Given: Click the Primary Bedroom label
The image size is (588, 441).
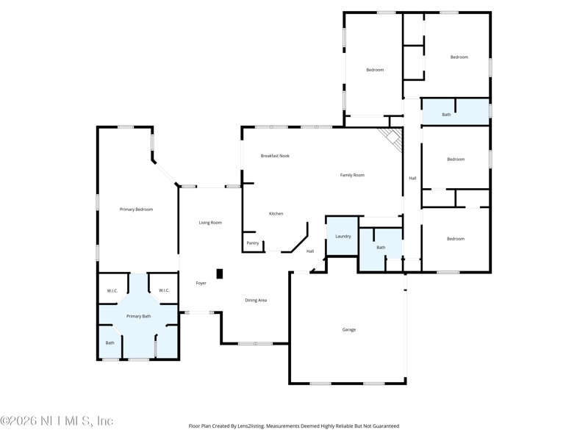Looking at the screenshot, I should (x=136, y=209).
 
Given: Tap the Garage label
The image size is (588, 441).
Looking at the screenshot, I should (x=349, y=329).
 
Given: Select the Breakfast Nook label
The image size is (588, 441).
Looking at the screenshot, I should (x=275, y=156).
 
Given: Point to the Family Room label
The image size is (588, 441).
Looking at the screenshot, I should (x=352, y=175).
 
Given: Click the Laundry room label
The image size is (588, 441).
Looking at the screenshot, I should (x=343, y=236).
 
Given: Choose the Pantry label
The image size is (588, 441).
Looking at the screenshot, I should (x=252, y=243).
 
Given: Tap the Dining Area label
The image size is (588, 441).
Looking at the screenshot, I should (x=256, y=300).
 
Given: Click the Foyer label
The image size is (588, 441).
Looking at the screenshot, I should (x=201, y=283).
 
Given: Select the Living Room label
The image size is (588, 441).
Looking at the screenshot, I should (x=210, y=222).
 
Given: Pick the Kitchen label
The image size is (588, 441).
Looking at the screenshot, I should (x=276, y=213).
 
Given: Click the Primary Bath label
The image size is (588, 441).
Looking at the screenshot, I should (x=138, y=316).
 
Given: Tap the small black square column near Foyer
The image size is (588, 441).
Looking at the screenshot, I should (x=220, y=273).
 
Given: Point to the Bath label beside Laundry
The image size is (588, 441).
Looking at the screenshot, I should (x=381, y=248).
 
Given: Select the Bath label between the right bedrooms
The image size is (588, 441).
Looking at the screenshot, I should (x=446, y=115).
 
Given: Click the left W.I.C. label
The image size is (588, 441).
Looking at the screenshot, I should (x=112, y=290).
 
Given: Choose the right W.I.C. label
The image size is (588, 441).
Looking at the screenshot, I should (x=164, y=290).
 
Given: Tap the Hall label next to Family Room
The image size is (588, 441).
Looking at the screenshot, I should (x=412, y=178).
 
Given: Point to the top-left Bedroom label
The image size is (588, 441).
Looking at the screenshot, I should (x=375, y=70).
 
